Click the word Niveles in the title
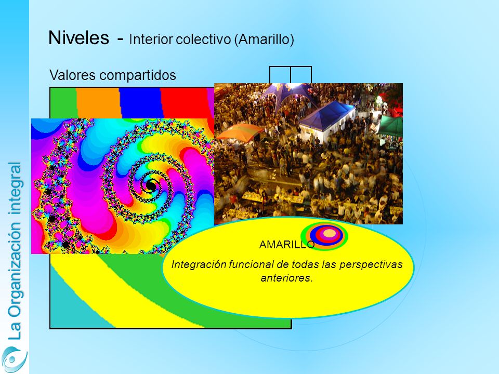[78, 37]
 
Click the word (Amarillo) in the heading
[264, 39]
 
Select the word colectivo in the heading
[203, 39]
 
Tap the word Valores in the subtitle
[73, 75]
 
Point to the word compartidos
[137, 76]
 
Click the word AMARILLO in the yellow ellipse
[287, 245]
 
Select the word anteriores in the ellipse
[286, 278]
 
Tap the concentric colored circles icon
[324, 236]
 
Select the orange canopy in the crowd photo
[240, 132]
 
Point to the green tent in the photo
[391, 126]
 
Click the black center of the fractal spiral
[151, 186]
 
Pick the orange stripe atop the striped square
[99, 103]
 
